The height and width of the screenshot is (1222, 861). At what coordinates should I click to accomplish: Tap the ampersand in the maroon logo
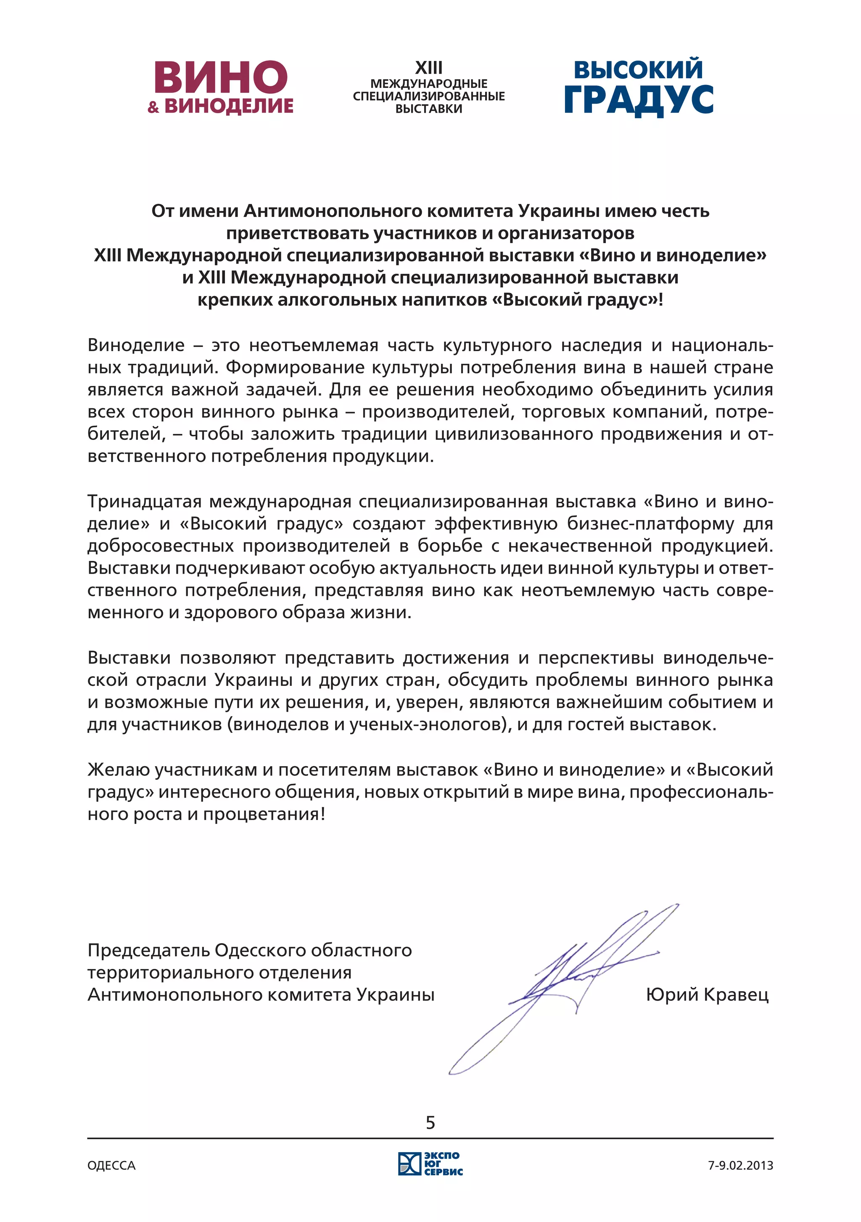pyautogui.click(x=153, y=107)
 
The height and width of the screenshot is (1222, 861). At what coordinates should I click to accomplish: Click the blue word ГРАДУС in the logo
pyautogui.click(x=638, y=100)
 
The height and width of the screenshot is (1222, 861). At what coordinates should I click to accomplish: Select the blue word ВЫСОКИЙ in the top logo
pyautogui.click(x=638, y=70)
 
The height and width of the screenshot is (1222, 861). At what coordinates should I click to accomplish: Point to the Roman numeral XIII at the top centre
pyautogui.click(x=428, y=68)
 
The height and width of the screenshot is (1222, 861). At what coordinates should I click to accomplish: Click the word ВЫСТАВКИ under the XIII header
pyautogui.click(x=428, y=108)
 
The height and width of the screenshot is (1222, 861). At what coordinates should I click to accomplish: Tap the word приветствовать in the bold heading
pyautogui.click(x=298, y=234)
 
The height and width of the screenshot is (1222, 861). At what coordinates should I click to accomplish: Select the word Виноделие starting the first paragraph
pyautogui.click(x=136, y=345)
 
